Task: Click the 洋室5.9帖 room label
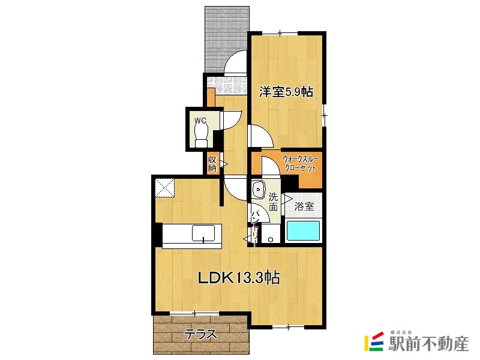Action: (x=286, y=92)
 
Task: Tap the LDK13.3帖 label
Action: (x=238, y=278)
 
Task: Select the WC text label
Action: (x=200, y=121)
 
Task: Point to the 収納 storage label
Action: (x=212, y=164)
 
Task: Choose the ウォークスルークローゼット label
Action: (x=301, y=164)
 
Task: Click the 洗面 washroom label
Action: (x=274, y=202)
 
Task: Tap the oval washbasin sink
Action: (x=259, y=190)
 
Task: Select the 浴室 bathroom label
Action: (x=304, y=206)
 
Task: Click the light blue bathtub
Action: (x=303, y=230)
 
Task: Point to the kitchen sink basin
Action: (x=203, y=233)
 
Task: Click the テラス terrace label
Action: (x=201, y=334)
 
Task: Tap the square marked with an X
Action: (x=164, y=188)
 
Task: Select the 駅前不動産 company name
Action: (x=428, y=344)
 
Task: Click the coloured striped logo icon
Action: (x=374, y=341)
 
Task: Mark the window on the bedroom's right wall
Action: (x=324, y=115)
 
